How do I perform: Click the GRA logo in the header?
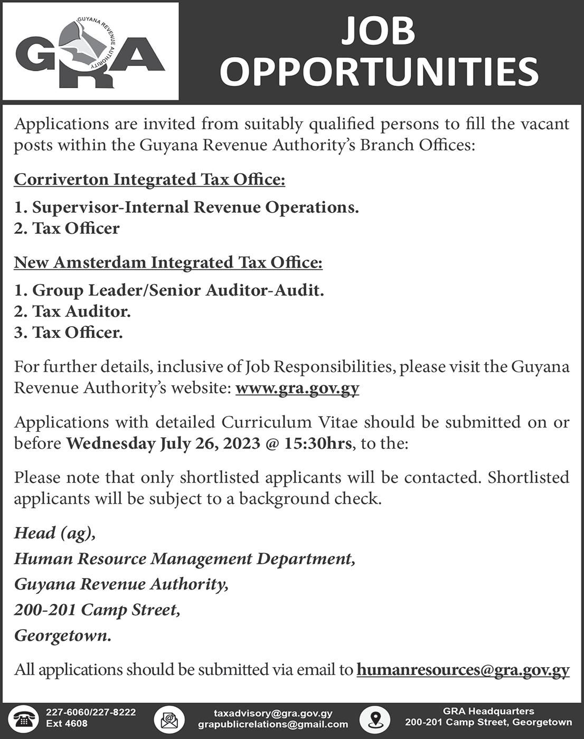click(x=90, y=52)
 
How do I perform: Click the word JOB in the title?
click(x=378, y=30)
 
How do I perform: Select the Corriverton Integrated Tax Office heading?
click(x=149, y=179)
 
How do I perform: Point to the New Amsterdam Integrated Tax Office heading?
click(x=168, y=262)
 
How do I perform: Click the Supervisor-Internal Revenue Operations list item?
click(x=186, y=207)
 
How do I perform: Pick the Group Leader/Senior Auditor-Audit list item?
click(x=169, y=290)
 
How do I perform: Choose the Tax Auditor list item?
click(x=72, y=311)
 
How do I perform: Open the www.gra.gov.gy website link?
click(x=297, y=388)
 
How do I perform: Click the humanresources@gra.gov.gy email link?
click(x=463, y=669)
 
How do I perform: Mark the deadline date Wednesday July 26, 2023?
click(x=163, y=443)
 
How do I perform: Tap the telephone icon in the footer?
click(x=23, y=719)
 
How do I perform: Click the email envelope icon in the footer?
click(x=169, y=719)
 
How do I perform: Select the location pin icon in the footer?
click(x=374, y=719)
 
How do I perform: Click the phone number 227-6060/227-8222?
click(x=91, y=712)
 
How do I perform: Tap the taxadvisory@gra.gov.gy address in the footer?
click(x=273, y=713)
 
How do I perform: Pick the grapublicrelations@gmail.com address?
click(x=273, y=724)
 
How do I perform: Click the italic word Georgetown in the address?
click(x=62, y=635)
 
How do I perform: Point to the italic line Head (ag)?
click(x=55, y=533)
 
